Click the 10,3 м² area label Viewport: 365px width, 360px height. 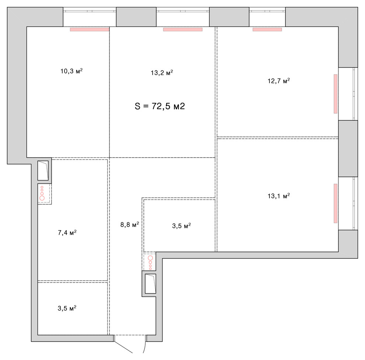[72, 71]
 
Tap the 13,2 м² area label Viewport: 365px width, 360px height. [162, 72]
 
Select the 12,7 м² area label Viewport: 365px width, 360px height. [279, 80]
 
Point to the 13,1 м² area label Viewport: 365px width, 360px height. [279, 195]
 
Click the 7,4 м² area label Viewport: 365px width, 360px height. [67, 232]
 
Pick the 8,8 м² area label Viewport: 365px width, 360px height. [130, 224]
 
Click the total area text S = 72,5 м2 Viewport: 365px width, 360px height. [160, 106]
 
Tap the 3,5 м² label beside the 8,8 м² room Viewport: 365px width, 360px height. [181, 226]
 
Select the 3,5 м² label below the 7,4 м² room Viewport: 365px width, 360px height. [67, 308]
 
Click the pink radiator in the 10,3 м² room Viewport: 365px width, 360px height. [90, 30]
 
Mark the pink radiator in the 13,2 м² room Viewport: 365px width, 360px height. [183, 30]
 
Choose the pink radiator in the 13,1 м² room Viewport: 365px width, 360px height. [336, 204]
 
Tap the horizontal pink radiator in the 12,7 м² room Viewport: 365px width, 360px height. [267, 30]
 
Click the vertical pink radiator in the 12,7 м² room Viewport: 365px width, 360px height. [336, 94]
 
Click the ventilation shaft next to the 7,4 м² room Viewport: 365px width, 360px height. [43, 170]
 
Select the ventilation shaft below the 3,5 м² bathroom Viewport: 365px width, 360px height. [150, 284]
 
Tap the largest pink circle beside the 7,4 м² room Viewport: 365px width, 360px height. [42, 198]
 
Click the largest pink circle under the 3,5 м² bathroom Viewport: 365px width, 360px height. [150, 258]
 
